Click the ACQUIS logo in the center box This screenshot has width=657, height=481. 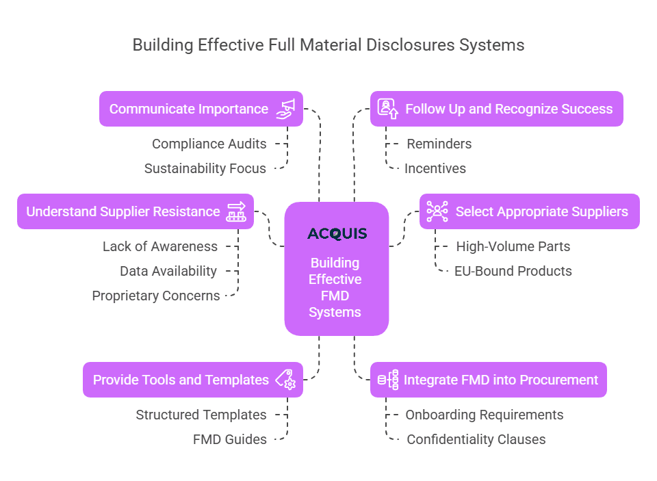[x=337, y=234]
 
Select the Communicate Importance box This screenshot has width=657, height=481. [x=201, y=109]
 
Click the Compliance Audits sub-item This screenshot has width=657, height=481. [x=209, y=144]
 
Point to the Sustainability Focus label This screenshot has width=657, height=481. [x=205, y=168]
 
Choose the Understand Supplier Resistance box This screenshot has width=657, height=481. [x=135, y=211]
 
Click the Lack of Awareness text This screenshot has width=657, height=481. [x=160, y=246]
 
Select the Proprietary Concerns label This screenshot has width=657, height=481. [x=156, y=296]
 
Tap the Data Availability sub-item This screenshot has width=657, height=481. [x=168, y=271]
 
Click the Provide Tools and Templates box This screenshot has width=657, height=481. [x=192, y=380]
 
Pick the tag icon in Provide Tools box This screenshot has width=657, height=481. [x=285, y=380]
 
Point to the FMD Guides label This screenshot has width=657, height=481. [x=230, y=439]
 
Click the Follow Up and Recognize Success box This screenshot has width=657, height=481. [x=496, y=109]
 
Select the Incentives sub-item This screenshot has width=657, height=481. [x=435, y=168]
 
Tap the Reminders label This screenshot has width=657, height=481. [x=439, y=144]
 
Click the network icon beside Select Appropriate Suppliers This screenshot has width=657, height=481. [x=437, y=211]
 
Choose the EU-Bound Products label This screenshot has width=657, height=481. [x=513, y=271]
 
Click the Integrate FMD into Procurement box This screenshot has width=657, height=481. [x=488, y=380]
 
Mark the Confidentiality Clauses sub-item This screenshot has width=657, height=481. [x=476, y=439]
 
